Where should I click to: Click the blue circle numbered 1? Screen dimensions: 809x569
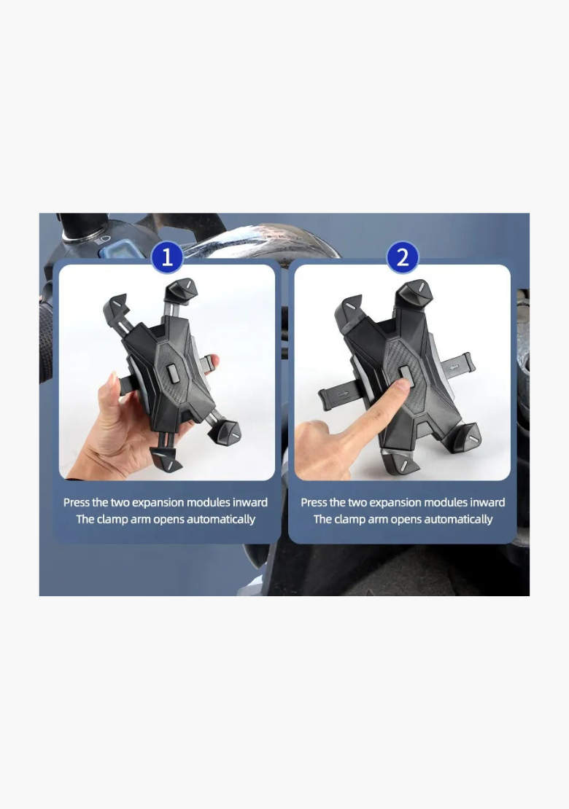point(167,257)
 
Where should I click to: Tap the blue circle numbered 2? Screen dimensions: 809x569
point(402,257)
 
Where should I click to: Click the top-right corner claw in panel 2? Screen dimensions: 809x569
point(415,294)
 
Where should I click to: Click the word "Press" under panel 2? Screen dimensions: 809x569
point(314,502)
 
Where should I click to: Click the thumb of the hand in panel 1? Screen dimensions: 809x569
point(113,390)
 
